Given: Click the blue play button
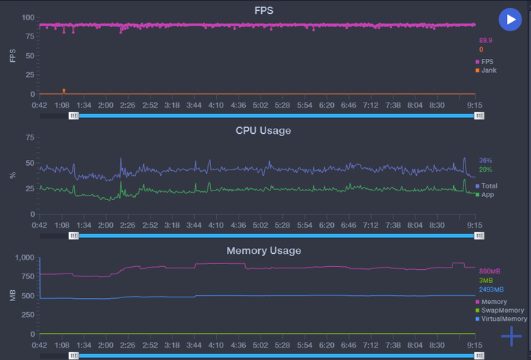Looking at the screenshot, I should (511, 20).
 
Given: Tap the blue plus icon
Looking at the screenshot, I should (511, 336).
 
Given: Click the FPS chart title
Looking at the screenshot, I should (264, 10).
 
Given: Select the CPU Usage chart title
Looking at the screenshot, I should (263, 131).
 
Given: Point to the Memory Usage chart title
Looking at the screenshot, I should (263, 251).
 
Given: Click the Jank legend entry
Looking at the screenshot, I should (489, 71).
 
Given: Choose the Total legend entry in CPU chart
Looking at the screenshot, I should (489, 186).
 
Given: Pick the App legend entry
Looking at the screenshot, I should (487, 195).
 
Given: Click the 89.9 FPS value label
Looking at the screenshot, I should (485, 41).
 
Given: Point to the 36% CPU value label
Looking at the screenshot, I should (485, 160).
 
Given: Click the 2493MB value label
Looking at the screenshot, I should (491, 289).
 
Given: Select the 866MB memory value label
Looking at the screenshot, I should (490, 271).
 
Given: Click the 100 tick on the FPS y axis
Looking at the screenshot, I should (28, 17).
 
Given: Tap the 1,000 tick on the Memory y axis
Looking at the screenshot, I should (25, 257).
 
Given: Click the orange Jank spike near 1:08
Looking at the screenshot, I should (64, 91).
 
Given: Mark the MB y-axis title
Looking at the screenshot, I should (12, 296).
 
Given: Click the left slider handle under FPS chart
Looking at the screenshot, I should (73, 116).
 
